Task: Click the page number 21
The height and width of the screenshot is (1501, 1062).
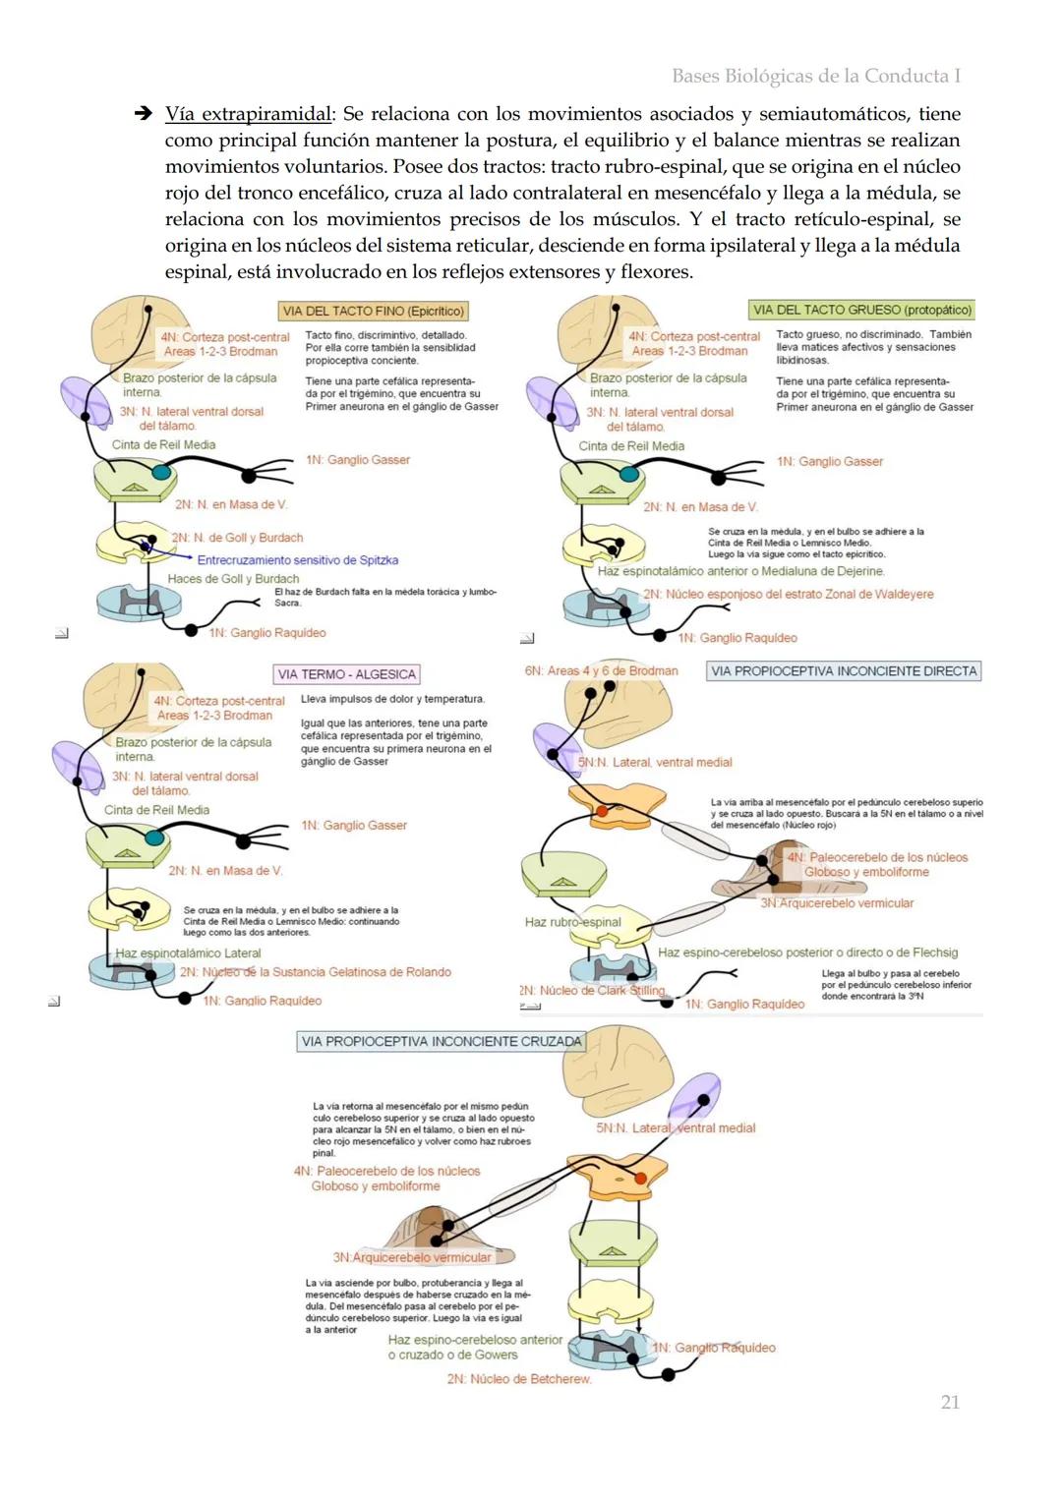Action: [x=949, y=1402]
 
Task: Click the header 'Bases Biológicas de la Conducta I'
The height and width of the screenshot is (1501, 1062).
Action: [x=815, y=76]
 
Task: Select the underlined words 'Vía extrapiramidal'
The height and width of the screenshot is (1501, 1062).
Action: [x=250, y=114]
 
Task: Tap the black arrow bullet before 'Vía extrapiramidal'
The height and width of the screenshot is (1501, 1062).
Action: [x=143, y=114]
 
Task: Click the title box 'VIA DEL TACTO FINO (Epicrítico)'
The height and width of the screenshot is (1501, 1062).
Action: [x=373, y=311]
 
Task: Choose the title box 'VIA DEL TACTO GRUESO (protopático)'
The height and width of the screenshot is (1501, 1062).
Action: [x=861, y=310]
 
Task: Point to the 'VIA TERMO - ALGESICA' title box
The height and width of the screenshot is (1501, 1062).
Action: [x=346, y=674]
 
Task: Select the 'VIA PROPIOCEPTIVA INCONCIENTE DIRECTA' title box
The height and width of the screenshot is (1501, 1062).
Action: [x=844, y=671]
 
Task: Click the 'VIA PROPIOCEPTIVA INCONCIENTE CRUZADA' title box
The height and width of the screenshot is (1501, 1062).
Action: [x=441, y=1041]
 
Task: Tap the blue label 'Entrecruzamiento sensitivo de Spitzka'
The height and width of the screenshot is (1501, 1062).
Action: [x=297, y=560]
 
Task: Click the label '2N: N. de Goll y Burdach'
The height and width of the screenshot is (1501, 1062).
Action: [x=237, y=538]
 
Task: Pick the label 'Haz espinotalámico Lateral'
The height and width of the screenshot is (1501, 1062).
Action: [x=188, y=953]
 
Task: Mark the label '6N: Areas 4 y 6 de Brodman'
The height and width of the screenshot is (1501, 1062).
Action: [x=601, y=670]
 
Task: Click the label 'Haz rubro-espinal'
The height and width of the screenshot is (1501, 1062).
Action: [x=572, y=922]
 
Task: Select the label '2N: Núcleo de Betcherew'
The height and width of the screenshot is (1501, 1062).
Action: [x=519, y=1379]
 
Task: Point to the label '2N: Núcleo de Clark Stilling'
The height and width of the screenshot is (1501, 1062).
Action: [x=592, y=990]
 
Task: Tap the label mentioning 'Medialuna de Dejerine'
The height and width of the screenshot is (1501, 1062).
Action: [x=740, y=571]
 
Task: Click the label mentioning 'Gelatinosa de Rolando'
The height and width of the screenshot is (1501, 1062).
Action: [x=315, y=972]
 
